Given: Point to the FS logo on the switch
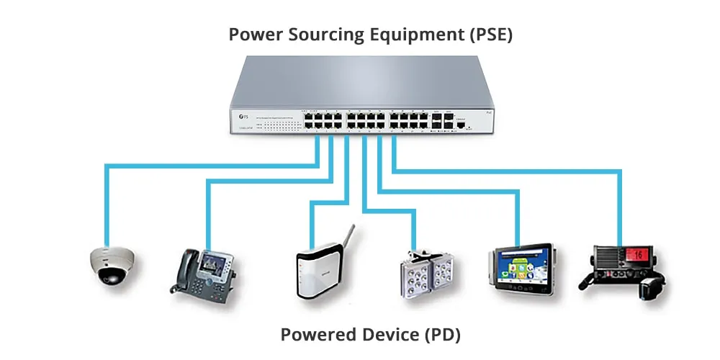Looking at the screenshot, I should coord(243,116).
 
